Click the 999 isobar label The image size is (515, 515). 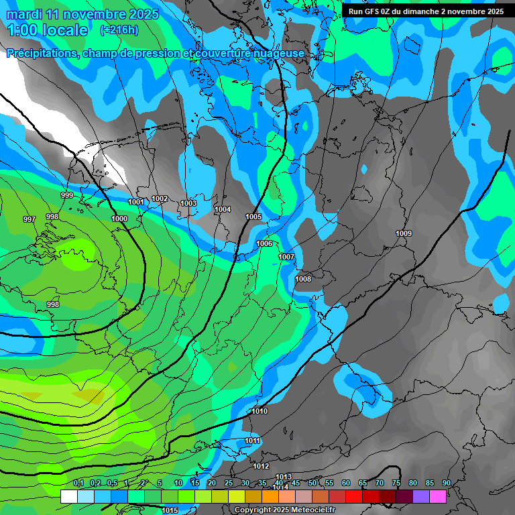click(x=67, y=195)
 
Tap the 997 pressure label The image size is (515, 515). click(x=30, y=219)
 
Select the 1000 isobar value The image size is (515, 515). click(x=119, y=219)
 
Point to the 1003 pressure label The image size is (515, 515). click(x=188, y=203)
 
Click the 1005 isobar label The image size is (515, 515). click(x=253, y=217)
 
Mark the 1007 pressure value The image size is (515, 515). click(x=286, y=257)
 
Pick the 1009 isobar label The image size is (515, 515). click(x=404, y=233)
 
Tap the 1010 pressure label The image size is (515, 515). click(x=260, y=411)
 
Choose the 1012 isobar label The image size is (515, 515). click(x=261, y=466)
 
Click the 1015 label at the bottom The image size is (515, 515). click(x=170, y=510)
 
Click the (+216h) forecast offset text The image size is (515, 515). click(x=119, y=30)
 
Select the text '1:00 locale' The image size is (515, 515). click(x=48, y=30)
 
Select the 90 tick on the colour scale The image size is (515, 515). click(x=447, y=483)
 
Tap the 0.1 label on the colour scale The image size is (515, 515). click(x=78, y=483)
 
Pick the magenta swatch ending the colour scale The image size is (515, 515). click(x=438, y=496)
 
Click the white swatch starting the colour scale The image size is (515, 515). click(x=68, y=496)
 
